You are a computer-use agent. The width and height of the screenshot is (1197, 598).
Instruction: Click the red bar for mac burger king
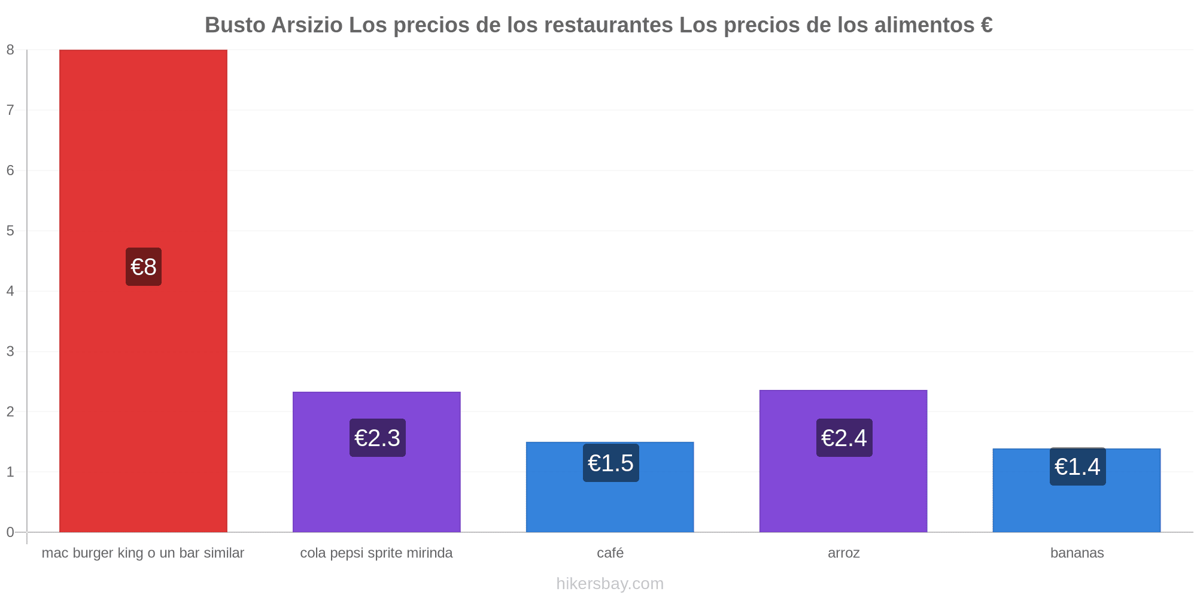(x=143, y=291)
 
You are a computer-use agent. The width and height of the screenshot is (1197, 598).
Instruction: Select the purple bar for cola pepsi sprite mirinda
(x=376, y=462)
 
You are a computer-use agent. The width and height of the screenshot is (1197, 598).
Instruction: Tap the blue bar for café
(x=610, y=487)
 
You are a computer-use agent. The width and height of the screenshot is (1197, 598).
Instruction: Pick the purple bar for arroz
(x=843, y=461)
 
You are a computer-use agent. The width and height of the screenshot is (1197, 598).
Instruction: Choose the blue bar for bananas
(x=1077, y=490)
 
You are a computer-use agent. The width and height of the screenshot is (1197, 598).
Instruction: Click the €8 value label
(x=144, y=267)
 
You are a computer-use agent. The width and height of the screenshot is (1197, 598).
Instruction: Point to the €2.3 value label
(x=378, y=438)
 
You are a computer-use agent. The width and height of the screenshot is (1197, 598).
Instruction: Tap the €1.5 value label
(x=611, y=463)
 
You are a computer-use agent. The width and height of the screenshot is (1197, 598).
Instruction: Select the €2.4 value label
(x=844, y=438)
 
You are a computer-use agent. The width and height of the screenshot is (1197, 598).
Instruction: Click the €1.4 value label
(x=1078, y=466)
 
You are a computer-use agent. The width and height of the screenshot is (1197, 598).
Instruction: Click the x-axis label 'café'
(x=610, y=553)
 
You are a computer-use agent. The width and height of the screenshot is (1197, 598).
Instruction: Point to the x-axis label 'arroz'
(x=844, y=553)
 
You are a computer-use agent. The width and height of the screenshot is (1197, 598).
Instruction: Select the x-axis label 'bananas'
(x=1077, y=553)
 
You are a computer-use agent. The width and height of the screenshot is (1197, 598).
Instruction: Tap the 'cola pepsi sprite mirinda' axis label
(x=376, y=553)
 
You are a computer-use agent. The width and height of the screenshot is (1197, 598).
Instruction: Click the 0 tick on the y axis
(x=10, y=532)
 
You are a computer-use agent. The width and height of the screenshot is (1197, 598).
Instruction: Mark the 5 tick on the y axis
(x=10, y=231)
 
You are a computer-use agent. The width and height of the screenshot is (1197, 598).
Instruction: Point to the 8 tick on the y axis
(x=10, y=50)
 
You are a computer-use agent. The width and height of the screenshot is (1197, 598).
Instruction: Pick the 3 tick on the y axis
(x=10, y=352)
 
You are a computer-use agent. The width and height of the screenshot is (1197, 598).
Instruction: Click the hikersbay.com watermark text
(x=610, y=584)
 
